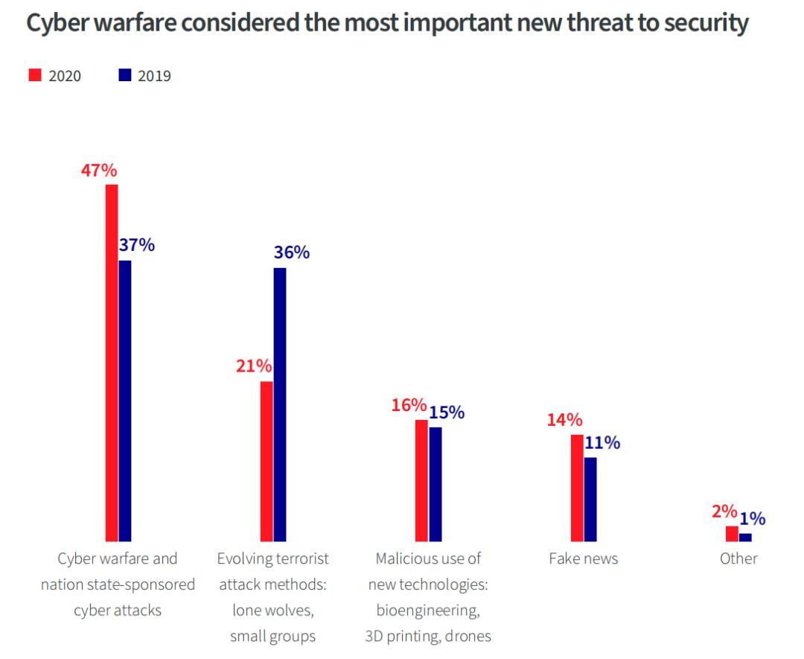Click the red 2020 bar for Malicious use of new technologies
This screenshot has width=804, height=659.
[x=421, y=480]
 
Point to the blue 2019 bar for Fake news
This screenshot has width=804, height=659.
[x=590, y=498]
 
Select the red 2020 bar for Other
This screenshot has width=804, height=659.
[x=732, y=533]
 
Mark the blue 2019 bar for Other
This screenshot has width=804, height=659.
[x=745, y=537]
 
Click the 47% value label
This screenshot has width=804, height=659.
[x=99, y=171]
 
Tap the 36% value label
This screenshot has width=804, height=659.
[x=291, y=252]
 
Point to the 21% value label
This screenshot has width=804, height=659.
[x=255, y=366]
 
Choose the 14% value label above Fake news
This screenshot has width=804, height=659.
[x=564, y=419]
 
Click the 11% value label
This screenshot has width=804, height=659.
[x=602, y=443]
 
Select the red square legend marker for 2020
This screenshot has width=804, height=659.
[x=35, y=75]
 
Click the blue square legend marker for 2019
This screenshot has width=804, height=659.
[x=125, y=75]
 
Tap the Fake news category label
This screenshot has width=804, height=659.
[x=583, y=558]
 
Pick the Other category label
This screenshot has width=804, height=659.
[x=738, y=558]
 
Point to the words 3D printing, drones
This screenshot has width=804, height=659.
[x=428, y=636]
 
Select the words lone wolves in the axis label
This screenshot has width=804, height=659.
[x=272, y=610]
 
